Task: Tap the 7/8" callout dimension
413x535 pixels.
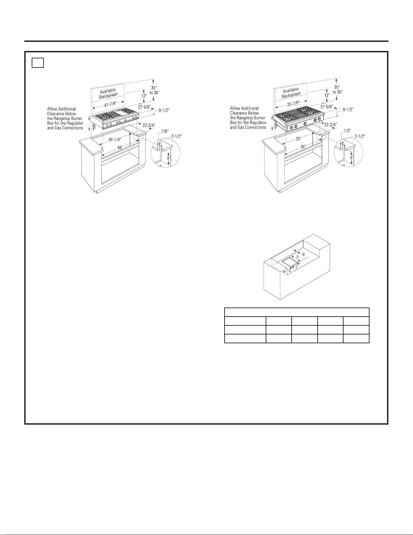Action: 165,131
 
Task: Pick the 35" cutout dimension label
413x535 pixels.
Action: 298,139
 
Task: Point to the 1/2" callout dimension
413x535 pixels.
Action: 346,131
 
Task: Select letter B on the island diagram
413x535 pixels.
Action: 303,254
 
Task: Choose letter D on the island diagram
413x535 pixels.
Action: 297,257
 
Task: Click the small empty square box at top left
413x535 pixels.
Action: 38,63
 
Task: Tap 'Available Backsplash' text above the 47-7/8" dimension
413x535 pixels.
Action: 108,92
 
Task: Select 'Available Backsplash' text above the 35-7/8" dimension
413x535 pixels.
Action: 291,92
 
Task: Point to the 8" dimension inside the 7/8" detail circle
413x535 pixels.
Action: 169,157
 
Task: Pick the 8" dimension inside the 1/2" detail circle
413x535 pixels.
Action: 352,157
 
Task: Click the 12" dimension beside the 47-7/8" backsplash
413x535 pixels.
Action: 144,96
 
